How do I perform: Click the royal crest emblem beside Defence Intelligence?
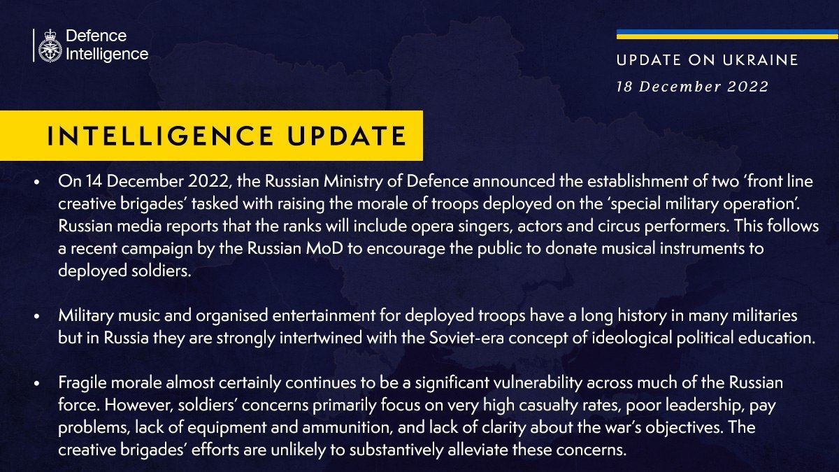click(x=50, y=45)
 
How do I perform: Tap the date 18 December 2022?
click(x=693, y=87)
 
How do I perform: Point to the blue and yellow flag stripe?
click(x=727, y=34)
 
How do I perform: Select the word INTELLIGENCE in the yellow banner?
click(x=160, y=136)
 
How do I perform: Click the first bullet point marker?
click(x=36, y=182)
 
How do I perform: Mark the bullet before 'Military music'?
click(x=36, y=316)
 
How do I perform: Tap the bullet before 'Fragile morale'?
click(x=36, y=383)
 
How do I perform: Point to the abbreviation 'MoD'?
click(x=324, y=248)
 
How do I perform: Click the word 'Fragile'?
click(x=83, y=383)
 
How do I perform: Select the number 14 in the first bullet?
click(x=94, y=181)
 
